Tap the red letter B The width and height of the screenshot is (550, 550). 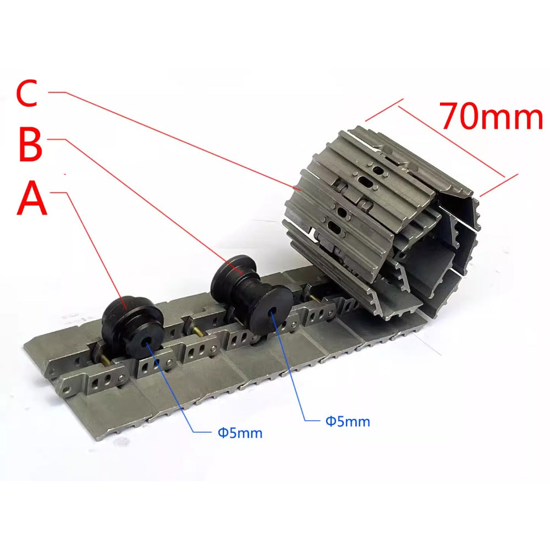(30, 146)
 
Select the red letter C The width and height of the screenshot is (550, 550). (27, 94)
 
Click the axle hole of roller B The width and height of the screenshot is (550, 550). (273, 312)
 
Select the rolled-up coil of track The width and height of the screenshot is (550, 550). (380, 220)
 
